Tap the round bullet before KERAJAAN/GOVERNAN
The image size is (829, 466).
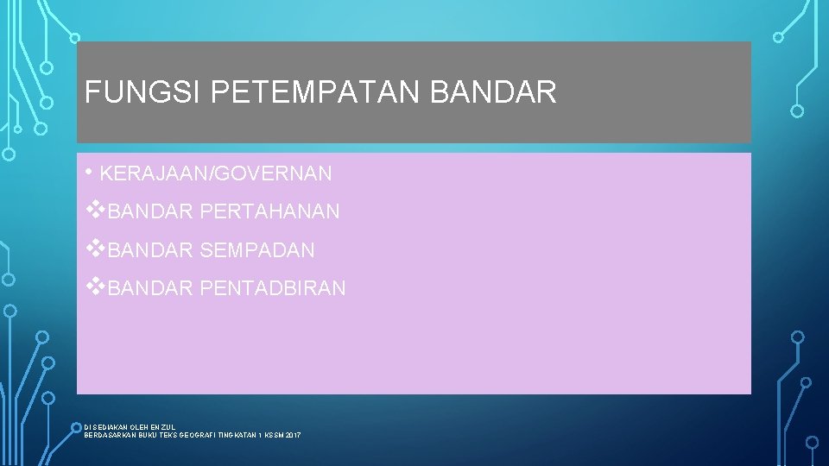[90, 172]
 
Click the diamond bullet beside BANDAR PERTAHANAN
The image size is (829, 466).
[96, 210]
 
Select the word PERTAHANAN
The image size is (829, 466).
[269, 211]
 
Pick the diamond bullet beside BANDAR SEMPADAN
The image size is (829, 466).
[96, 249]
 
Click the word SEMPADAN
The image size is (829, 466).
[257, 251]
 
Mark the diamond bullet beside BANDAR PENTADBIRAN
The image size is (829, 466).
[96, 287]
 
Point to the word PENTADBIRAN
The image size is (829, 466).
[272, 288]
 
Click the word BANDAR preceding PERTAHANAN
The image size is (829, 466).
[151, 211]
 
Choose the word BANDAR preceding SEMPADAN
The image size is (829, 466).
[151, 251]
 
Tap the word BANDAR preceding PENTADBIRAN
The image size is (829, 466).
[151, 288]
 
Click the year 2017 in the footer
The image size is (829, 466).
[292, 435]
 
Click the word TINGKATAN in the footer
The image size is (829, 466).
[238, 435]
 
